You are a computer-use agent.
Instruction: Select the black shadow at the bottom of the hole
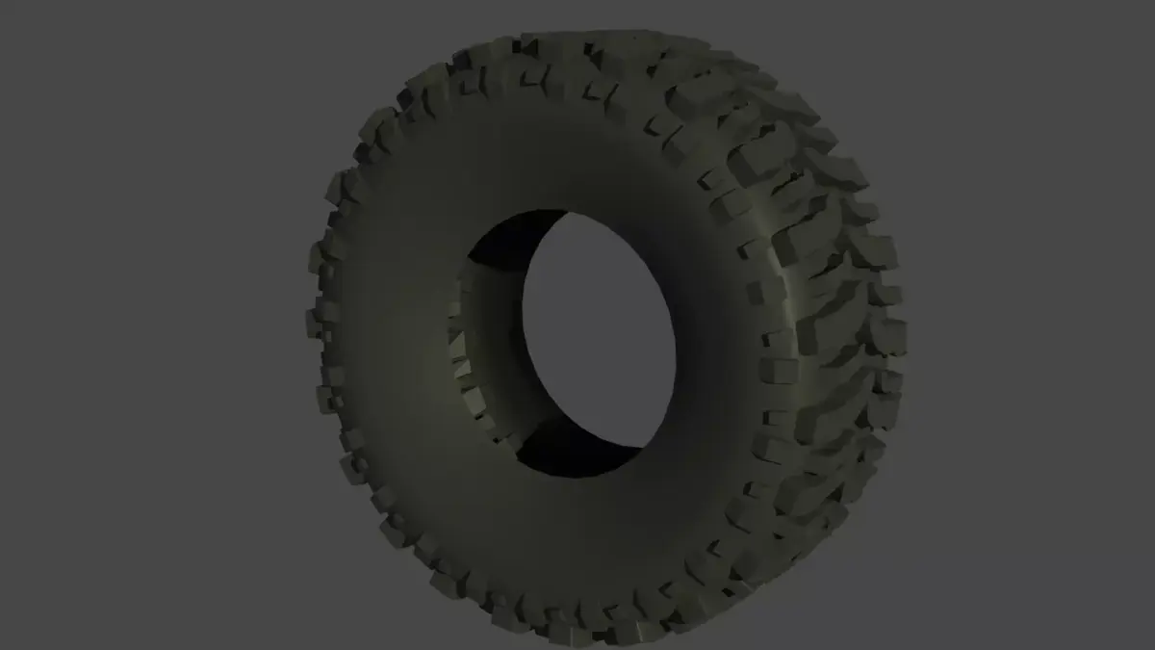568,457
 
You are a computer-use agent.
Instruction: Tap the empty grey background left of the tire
144,327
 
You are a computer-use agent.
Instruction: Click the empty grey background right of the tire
1030,327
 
